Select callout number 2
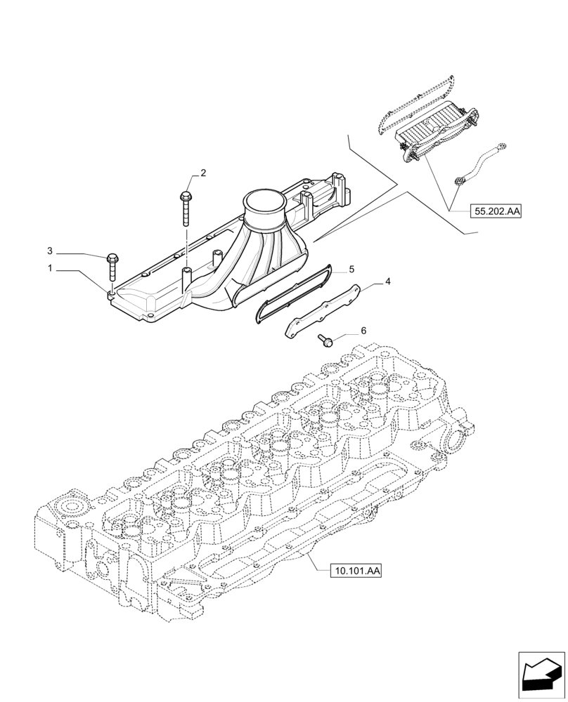coord(203,173)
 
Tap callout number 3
coord(50,251)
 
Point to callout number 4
coord(387,282)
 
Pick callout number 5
coord(351,269)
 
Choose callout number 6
coord(363,330)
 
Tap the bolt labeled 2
coord(186,207)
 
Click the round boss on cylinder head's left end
coord(72,506)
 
